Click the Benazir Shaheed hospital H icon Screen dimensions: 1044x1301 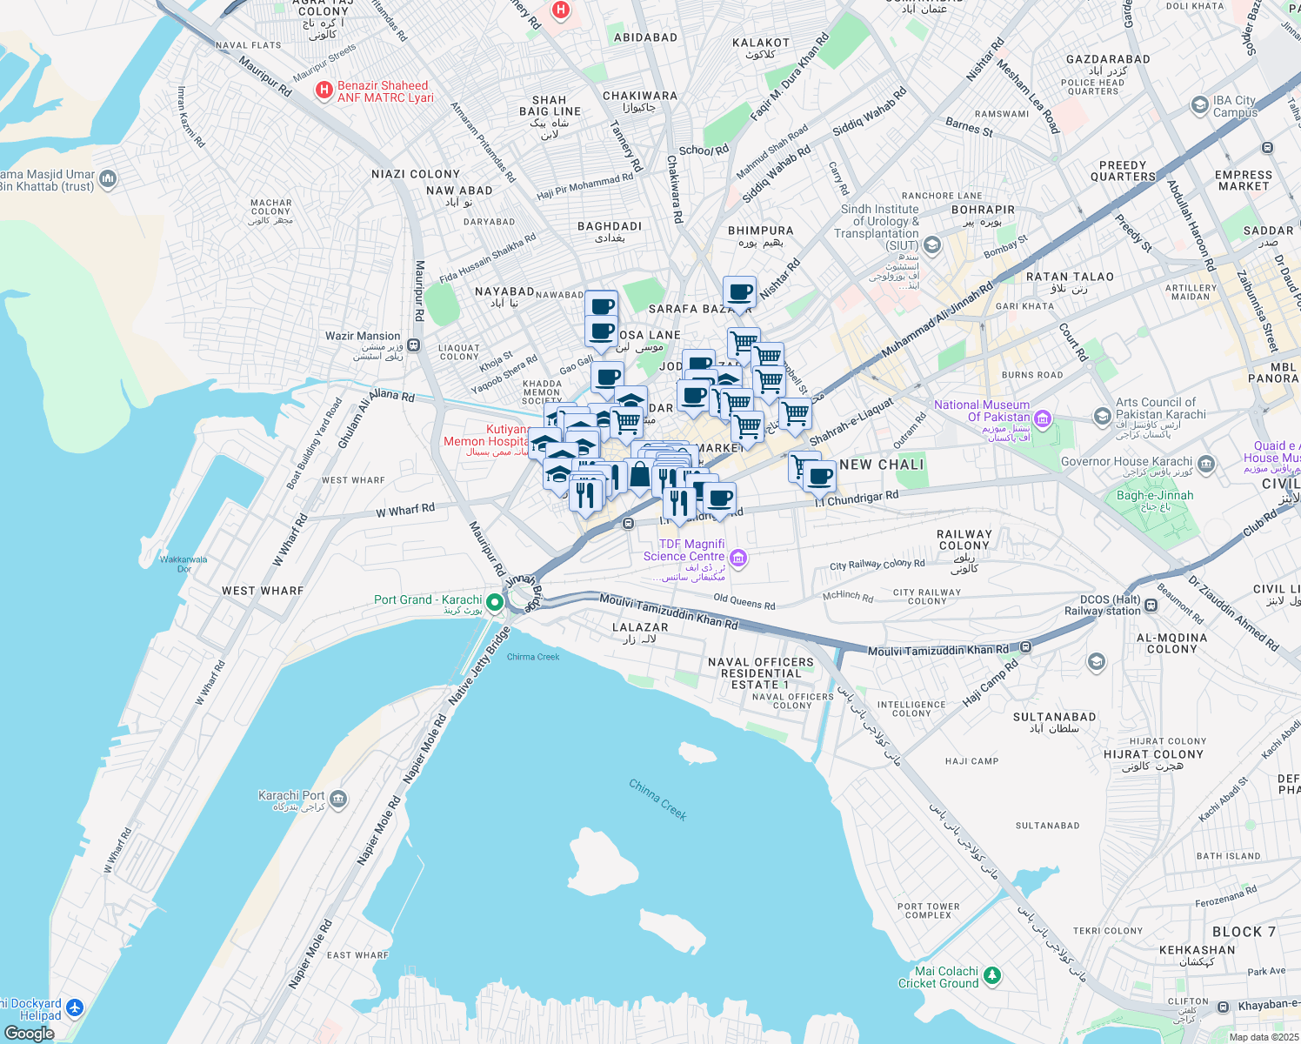[324, 90]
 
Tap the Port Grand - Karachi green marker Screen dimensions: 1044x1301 [495, 602]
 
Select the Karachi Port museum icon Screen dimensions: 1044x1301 [338, 799]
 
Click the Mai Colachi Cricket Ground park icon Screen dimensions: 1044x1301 [993, 975]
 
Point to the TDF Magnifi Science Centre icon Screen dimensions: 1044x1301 [738, 558]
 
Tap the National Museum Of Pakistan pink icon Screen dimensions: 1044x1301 [1044, 420]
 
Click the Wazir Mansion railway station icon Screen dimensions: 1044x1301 [414, 345]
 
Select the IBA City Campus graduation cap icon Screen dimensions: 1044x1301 [1200, 104]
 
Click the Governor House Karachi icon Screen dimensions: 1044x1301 [1205, 464]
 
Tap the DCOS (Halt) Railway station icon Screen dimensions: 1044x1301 [1151, 606]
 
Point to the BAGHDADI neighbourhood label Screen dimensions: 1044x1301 [610, 226]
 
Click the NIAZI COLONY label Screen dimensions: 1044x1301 [416, 174]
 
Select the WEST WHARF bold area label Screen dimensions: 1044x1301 [263, 591]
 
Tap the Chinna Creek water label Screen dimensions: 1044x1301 [658, 800]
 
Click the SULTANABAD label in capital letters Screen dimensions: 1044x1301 [1054, 717]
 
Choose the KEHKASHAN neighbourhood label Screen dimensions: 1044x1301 [1197, 950]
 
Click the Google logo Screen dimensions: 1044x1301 [30, 1034]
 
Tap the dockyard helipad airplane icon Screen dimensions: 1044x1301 [75, 1008]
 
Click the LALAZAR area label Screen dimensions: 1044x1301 [640, 627]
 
